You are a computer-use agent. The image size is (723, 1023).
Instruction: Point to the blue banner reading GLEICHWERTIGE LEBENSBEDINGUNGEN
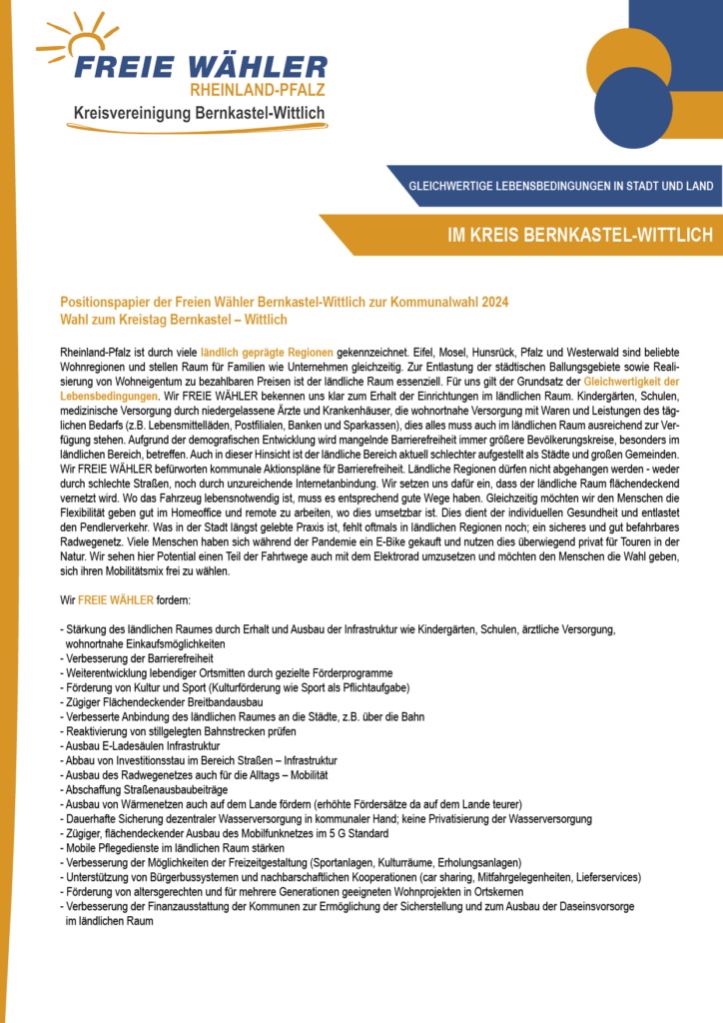[560, 186]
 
